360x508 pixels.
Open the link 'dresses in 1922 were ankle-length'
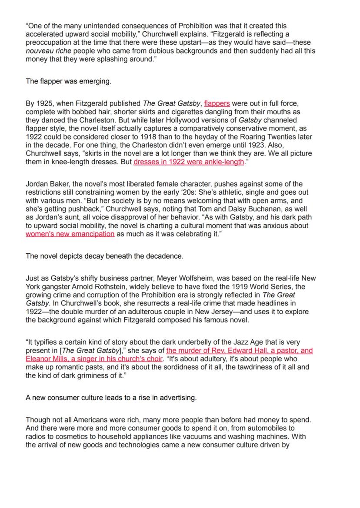pos(189,162)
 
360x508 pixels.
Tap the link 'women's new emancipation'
pos(70,234)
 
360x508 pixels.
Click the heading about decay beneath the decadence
pos(104,256)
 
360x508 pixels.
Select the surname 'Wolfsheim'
pos(207,278)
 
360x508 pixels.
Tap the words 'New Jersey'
pos(211,312)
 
